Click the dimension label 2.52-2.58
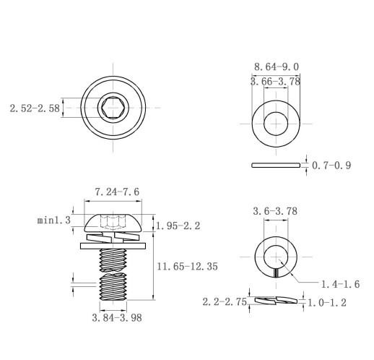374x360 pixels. pos(35,108)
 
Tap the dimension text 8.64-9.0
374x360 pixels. pos(277,67)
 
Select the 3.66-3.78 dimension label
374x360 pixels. pos(276,82)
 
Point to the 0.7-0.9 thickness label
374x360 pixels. pos(331,166)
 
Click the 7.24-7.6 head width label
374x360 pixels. pos(117,192)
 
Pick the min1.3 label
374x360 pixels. pos(54,220)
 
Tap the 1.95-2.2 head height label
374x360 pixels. pos(178,226)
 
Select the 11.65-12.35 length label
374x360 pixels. pos(187,267)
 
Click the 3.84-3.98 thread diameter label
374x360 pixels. pos(117,318)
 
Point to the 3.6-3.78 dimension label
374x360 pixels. pos(275,211)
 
